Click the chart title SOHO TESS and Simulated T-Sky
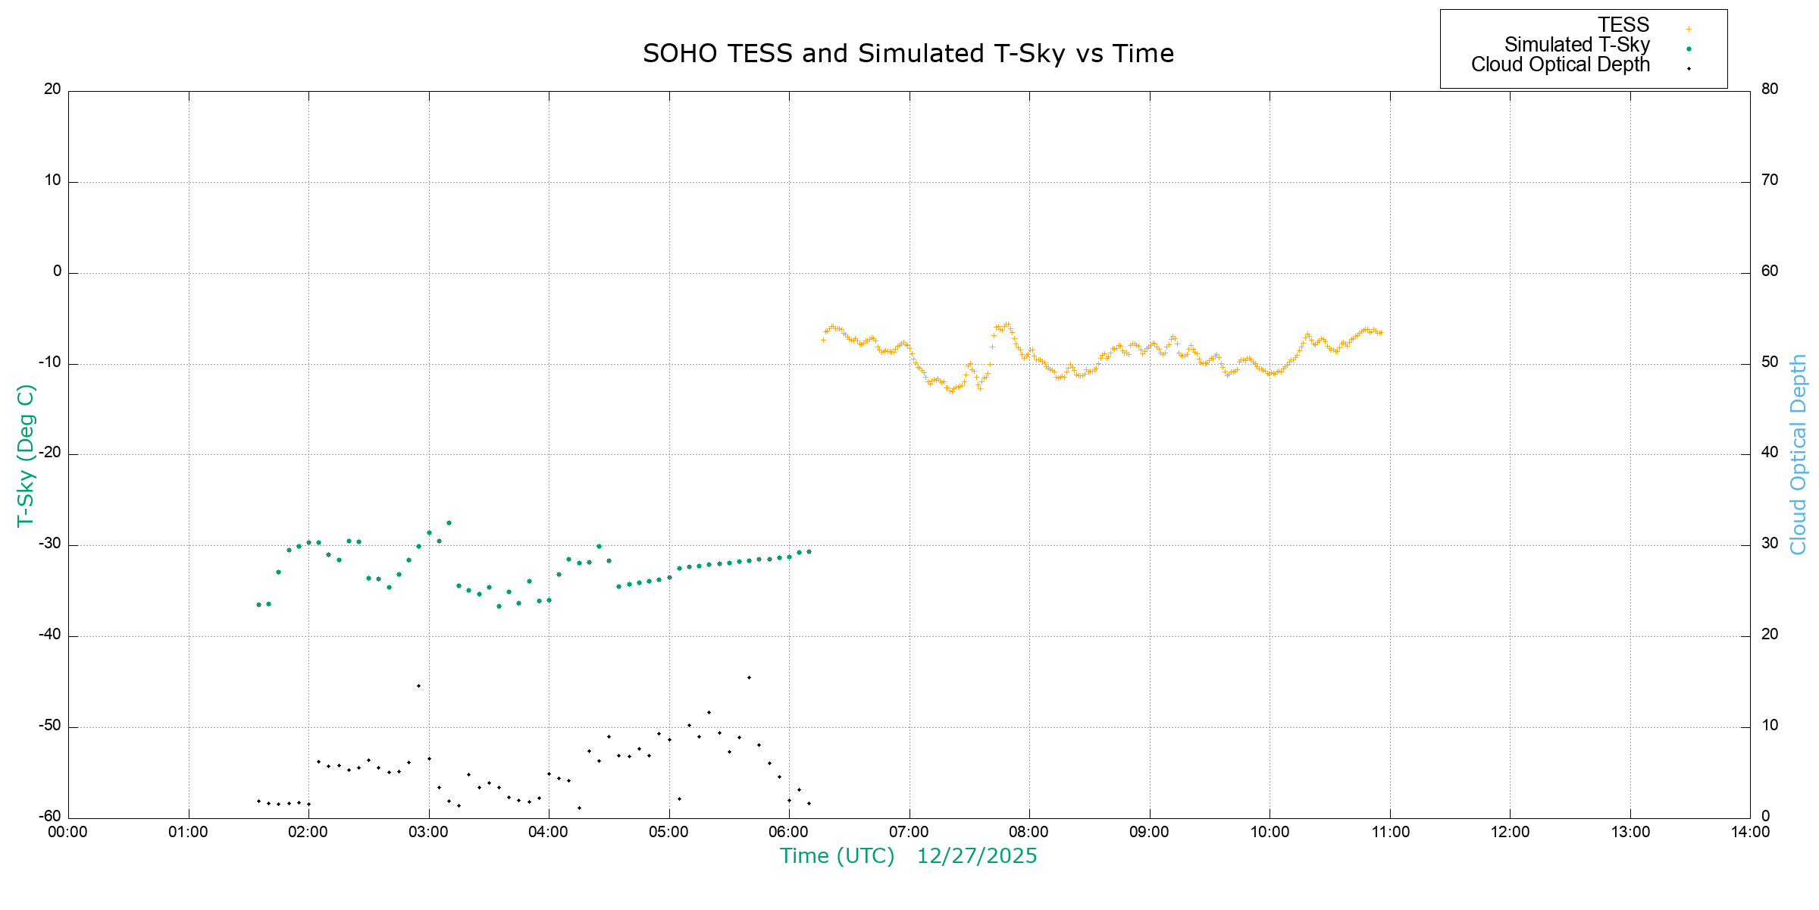click(x=908, y=54)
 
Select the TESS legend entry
click(x=1623, y=25)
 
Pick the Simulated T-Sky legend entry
click(x=1576, y=45)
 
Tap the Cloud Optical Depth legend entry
click(x=1561, y=64)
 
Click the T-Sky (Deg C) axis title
click(x=26, y=455)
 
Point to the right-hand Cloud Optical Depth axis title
click(x=1798, y=455)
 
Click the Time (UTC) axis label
click(x=837, y=856)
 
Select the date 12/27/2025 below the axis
click(x=977, y=856)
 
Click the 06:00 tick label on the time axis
click(x=788, y=832)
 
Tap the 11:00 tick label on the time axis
click(x=1390, y=832)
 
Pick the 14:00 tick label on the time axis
click(x=1750, y=832)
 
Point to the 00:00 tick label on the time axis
click(x=67, y=832)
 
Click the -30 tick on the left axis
click(x=51, y=544)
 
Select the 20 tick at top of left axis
click(x=52, y=89)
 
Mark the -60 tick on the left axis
click(x=51, y=817)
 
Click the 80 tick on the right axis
click(x=1770, y=89)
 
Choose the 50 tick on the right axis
click(x=1770, y=362)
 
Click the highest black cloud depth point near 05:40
click(x=749, y=677)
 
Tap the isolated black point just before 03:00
click(x=418, y=686)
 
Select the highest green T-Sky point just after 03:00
click(x=449, y=522)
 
